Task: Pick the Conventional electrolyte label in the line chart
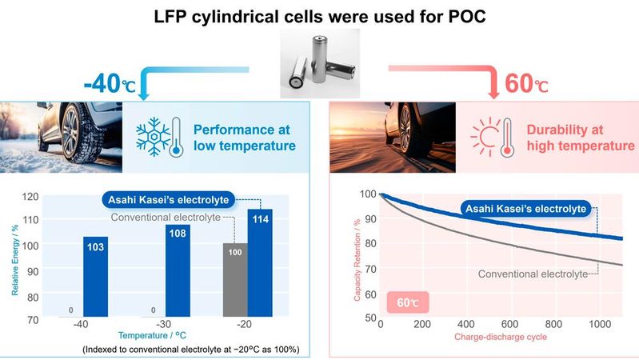530,274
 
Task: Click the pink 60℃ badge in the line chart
405,303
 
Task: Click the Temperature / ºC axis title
157,337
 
